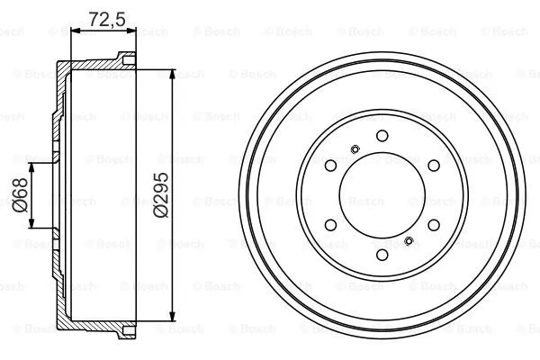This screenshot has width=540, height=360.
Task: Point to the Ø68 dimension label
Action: tap(20, 194)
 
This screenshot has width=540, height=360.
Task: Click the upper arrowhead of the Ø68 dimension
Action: tap(33, 167)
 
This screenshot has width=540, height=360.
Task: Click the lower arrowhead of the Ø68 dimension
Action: tap(33, 222)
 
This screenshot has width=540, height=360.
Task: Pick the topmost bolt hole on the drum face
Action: tap(381, 135)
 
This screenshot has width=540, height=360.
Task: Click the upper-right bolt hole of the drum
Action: tap(431, 165)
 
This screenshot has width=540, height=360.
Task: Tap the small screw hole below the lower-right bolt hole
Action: tap(409, 240)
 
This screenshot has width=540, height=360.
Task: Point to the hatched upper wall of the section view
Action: tap(90, 67)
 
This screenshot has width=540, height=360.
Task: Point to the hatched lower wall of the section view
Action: tap(90, 321)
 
